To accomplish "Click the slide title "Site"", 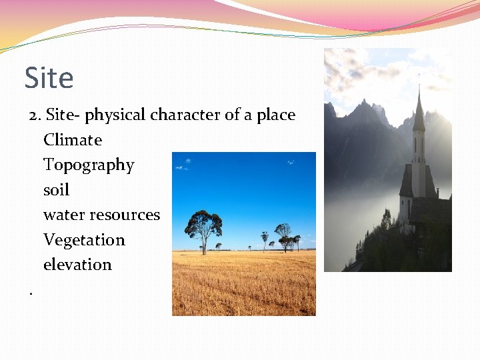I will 49,78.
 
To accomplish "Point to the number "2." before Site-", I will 35,115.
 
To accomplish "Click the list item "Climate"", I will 73,140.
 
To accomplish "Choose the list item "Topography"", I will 89,165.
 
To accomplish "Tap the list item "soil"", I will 56,190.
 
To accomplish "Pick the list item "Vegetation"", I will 84,240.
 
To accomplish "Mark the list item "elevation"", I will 77,265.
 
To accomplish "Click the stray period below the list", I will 31,291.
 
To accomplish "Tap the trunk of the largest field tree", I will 203,245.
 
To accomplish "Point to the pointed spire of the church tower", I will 419,107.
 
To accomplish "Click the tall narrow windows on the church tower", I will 418,145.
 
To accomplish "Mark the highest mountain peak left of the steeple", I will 365,103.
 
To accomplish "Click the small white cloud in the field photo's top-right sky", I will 291,161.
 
